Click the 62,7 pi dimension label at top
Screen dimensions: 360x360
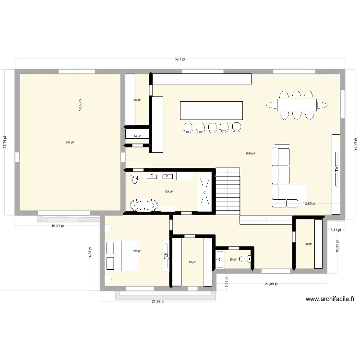point(180,59)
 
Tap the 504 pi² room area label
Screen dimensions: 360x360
point(70,143)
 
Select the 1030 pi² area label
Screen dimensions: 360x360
point(250,154)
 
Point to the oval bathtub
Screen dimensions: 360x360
point(144,206)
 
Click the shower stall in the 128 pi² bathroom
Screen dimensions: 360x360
point(205,191)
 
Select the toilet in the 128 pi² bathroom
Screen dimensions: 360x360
point(134,179)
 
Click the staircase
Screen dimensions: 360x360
point(228,191)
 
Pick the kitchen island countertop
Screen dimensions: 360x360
point(211,110)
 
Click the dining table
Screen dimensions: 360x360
point(297,104)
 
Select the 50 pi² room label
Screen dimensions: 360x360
point(309,244)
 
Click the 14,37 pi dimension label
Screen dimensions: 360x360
point(90,253)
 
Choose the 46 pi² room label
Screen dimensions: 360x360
point(137,100)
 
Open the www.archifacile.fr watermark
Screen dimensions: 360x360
point(331,299)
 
